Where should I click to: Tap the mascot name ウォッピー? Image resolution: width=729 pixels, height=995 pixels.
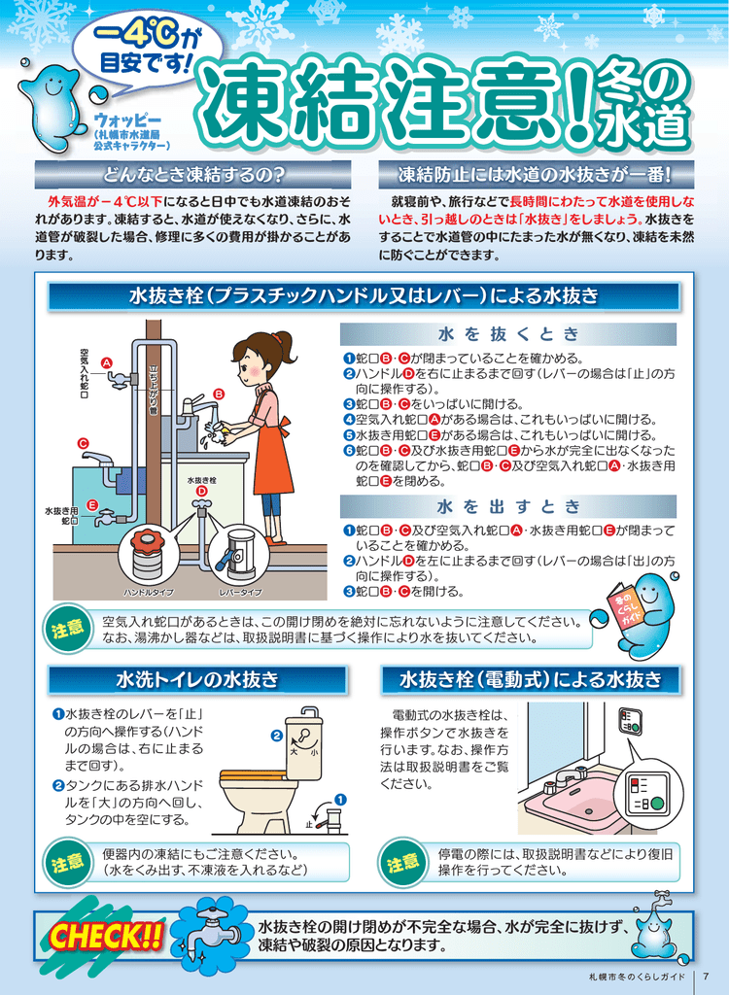[127, 120]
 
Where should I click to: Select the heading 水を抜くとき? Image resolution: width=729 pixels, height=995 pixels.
[508, 334]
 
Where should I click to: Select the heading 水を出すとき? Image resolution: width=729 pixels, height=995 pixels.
[508, 506]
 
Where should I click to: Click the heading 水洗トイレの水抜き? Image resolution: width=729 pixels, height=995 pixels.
[197, 680]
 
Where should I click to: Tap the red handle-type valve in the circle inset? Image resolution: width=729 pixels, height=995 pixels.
[150, 541]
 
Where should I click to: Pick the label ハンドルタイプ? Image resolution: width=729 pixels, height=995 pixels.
[149, 593]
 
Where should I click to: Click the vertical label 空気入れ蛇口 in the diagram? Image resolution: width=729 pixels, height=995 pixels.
[84, 374]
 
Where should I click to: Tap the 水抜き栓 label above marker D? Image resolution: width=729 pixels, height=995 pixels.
[201, 480]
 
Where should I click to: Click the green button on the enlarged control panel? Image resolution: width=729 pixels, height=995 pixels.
[657, 804]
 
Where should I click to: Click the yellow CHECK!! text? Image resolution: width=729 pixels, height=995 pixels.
[105, 937]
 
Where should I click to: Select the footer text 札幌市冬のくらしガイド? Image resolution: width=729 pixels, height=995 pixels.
[638, 977]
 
